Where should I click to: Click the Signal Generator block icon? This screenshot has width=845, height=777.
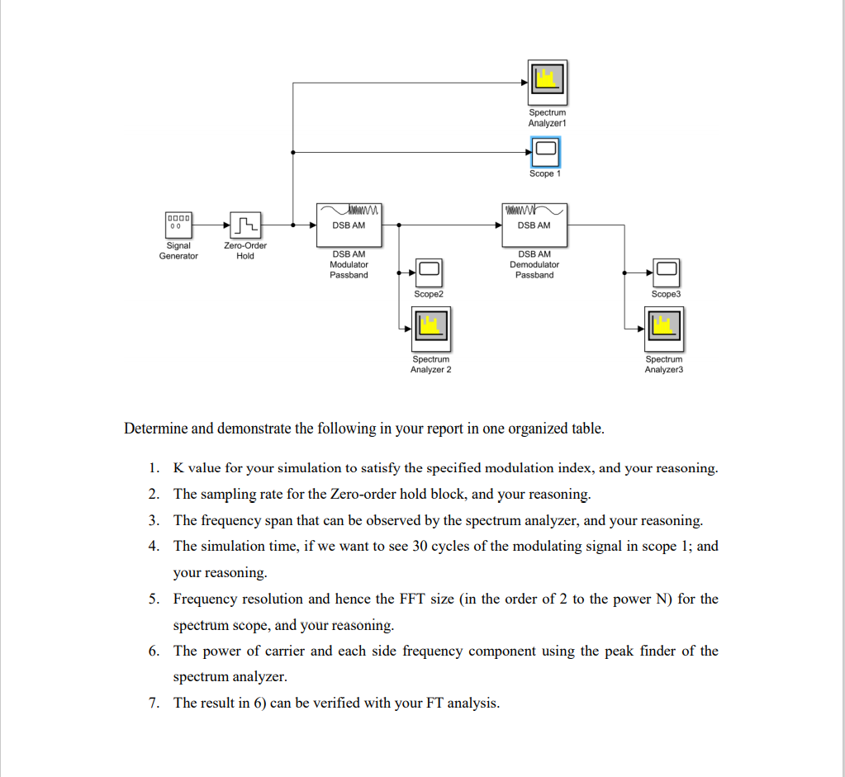coord(178,225)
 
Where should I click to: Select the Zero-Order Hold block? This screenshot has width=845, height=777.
coord(246,225)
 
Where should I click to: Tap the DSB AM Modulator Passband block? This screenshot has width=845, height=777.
coord(349,225)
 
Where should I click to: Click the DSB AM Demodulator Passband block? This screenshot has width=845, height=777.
coord(534,225)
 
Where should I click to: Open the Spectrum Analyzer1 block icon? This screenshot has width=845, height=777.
coord(548,83)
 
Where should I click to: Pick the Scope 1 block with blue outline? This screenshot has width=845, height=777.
coord(546,152)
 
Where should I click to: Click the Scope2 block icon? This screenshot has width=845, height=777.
coord(429,272)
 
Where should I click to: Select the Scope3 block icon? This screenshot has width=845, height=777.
coord(667,272)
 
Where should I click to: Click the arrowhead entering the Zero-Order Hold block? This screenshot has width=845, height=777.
coord(227,225)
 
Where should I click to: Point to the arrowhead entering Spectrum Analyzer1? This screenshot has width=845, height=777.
coord(525,83)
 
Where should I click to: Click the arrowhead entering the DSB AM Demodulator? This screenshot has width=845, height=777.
coord(498,225)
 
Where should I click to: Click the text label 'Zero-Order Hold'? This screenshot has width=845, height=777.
coord(245,250)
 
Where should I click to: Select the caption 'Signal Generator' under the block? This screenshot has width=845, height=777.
coord(178,250)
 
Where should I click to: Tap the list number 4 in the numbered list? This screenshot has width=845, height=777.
coord(154,547)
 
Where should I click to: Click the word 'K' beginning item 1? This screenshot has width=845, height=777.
coord(178,467)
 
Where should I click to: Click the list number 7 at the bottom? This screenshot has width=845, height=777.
coord(154,704)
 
